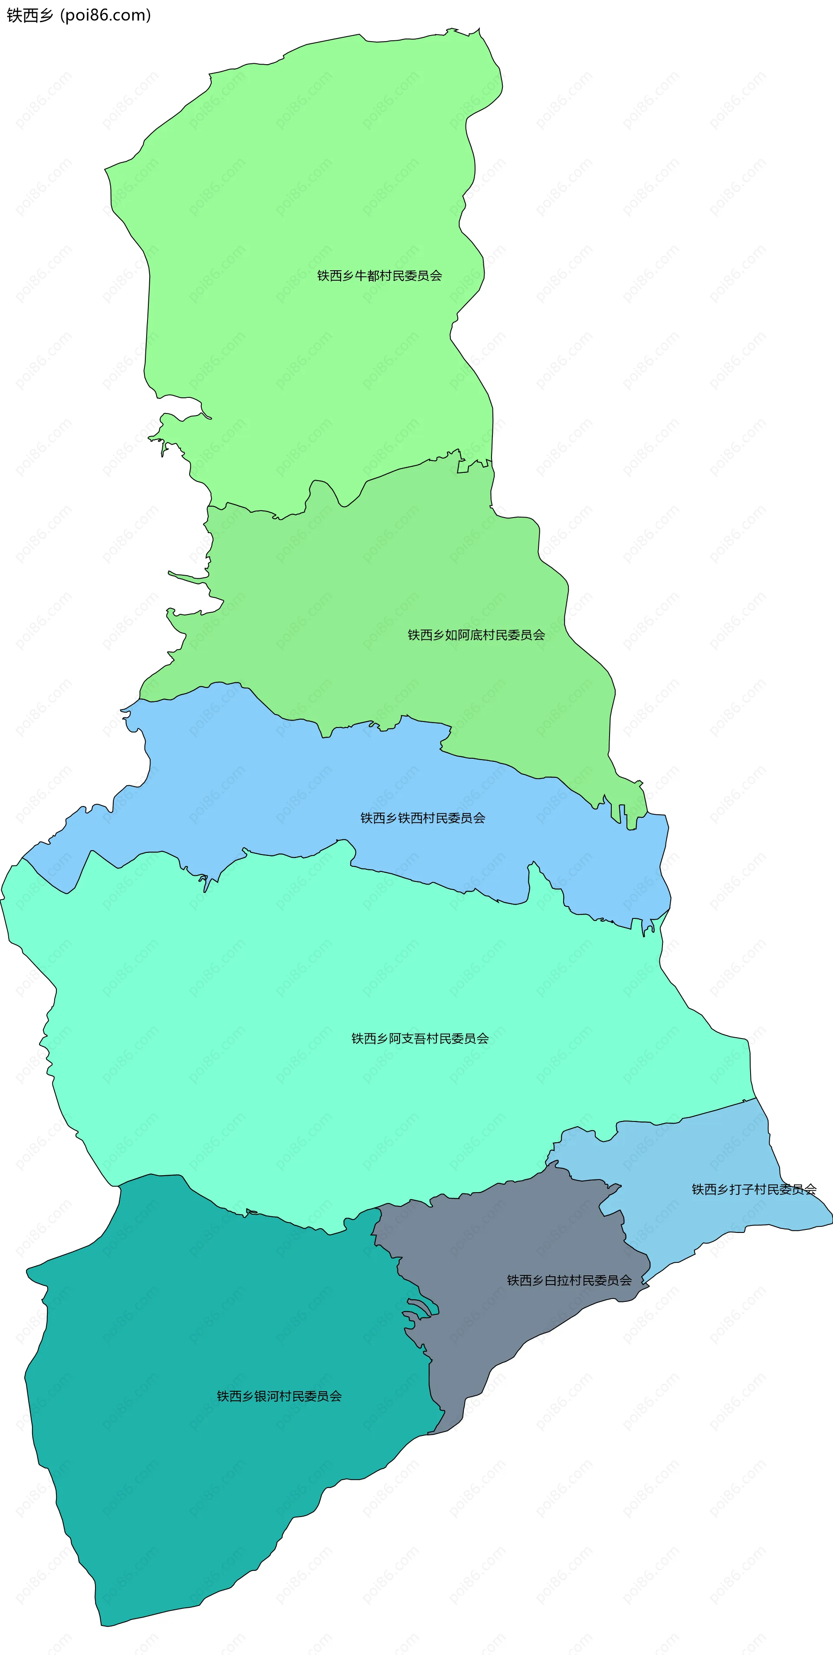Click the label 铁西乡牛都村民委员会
coord(379,275)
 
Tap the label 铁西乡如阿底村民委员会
coord(476,635)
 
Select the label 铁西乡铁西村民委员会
coord(422,818)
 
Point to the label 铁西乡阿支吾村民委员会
coord(420,1038)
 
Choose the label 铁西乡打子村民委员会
coord(753,1189)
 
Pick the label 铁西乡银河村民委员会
coord(279,1396)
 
